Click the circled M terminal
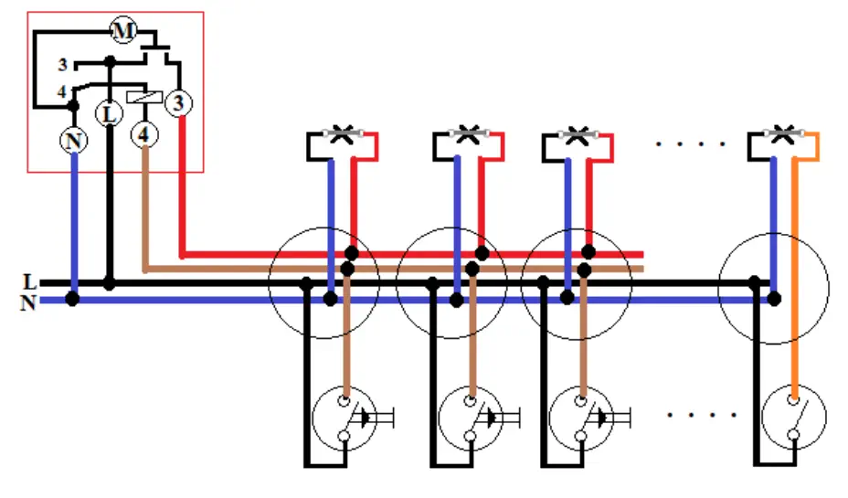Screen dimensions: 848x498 coord(123,30)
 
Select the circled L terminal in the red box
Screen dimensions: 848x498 coord(110,113)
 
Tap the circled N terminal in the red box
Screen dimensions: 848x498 coord(73,141)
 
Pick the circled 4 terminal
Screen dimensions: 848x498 coord(144,134)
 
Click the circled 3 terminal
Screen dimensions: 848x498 coord(178,102)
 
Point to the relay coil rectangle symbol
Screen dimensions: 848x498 coord(144,97)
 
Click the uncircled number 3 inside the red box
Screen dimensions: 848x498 coord(63,65)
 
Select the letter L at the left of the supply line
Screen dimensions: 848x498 coord(30,281)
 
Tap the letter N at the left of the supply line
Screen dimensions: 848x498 coord(28,302)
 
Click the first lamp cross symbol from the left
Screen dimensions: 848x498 coord(342,133)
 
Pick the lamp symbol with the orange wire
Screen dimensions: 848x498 coord(783,133)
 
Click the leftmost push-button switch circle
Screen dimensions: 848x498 coord(344,419)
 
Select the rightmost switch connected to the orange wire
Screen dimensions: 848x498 coord(794,417)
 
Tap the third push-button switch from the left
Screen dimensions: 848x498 coord(581,419)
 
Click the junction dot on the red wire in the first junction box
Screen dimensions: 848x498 coord(352,252)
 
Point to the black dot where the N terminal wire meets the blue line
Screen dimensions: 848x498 coord(72,299)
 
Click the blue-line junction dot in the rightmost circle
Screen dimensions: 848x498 coord(775,299)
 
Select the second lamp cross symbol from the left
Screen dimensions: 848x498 coord(469,133)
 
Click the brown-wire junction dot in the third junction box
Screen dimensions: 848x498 coord(584,270)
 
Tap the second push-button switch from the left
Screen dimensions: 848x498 coord(471,419)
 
